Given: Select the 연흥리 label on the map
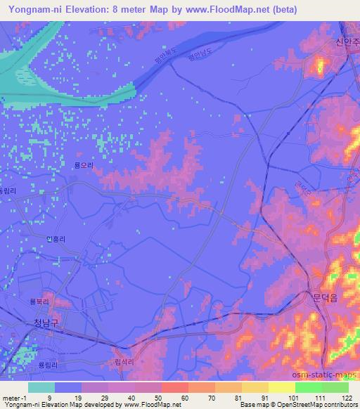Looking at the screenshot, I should pyautogui.click(x=56, y=239).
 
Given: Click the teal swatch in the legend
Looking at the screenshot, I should pyautogui.click(x=41, y=387).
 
